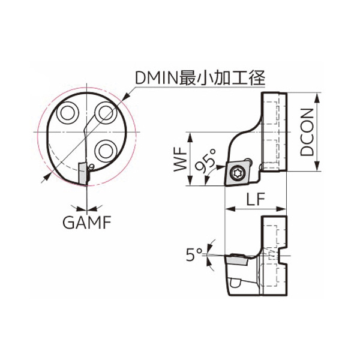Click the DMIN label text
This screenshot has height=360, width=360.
click(157, 78)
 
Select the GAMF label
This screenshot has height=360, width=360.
click(87, 222)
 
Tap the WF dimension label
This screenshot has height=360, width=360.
click(180, 159)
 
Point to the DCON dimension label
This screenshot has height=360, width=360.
click(307, 132)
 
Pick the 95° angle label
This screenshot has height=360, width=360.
click(206, 160)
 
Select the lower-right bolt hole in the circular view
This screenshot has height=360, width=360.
click(105, 151)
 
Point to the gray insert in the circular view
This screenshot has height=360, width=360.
click(83, 173)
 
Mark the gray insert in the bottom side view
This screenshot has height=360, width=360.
click(237, 260)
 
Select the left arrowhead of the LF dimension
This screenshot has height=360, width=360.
click(230, 209)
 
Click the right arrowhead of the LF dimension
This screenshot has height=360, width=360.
click(281, 209)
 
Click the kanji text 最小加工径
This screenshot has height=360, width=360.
click(223, 78)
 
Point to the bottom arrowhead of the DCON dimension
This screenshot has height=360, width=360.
click(317, 166)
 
